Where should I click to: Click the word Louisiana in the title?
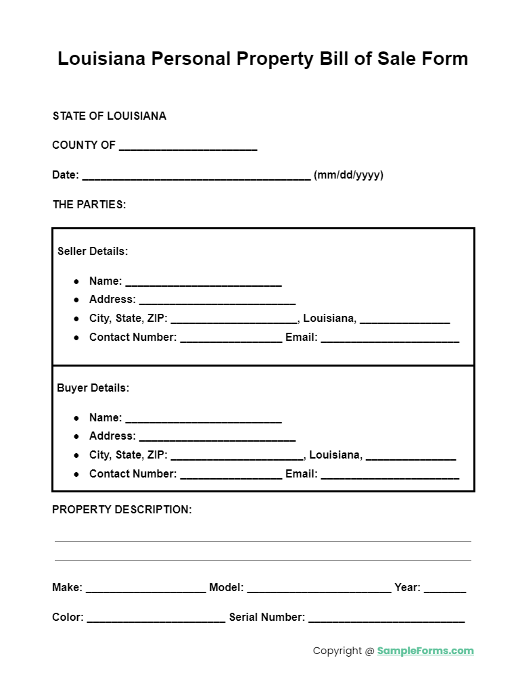click(101, 59)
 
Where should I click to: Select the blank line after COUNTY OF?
click(188, 146)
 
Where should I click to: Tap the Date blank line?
click(196, 176)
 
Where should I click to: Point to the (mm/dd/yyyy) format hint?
click(348, 175)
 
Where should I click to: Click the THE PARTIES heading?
click(89, 204)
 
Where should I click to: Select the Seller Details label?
click(93, 251)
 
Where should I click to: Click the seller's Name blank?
click(203, 282)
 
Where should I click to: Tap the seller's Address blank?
click(216, 300)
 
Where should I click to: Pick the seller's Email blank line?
click(390, 338)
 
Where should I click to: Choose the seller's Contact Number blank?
click(231, 338)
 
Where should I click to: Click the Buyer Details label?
click(93, 388)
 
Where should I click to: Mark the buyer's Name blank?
click(203, 419)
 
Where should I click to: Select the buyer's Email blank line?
click(390, 475)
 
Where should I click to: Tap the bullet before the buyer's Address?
click(76, 437)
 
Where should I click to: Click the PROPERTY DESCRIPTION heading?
click(122, 509)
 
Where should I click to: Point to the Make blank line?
click(145, 588)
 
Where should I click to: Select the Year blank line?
click(444, 588)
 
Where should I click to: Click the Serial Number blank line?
click(386, 618)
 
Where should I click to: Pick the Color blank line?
click(156, 618)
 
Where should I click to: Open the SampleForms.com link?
click(425, 651)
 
